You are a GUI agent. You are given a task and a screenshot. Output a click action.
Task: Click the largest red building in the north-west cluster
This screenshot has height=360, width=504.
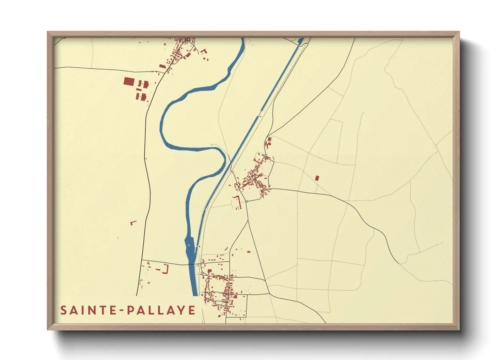pos(129,82)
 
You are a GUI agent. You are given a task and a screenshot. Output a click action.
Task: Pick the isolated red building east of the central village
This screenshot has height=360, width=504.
pos(317,178)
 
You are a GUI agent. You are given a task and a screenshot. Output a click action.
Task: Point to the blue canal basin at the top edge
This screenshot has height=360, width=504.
pos(300,41)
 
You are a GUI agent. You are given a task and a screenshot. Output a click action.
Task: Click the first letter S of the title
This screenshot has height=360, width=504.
pos(63,310)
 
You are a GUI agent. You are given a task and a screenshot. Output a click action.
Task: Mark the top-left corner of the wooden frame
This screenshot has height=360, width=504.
pos(48,32)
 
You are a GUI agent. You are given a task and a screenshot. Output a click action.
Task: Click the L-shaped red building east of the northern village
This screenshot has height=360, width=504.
pos(204,51)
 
